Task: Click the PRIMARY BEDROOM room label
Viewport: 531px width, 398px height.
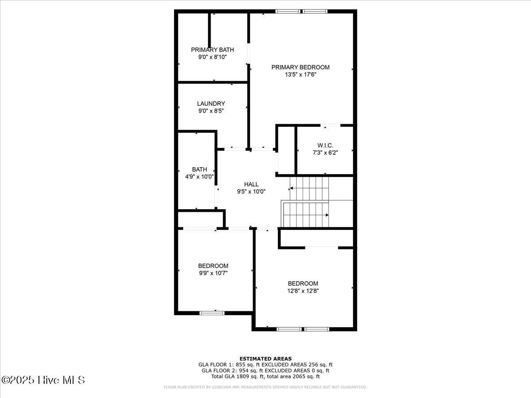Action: tap(300, 67)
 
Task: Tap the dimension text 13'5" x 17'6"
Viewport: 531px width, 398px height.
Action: tap(300, 75)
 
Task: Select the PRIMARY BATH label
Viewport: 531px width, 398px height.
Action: tap(212, 50)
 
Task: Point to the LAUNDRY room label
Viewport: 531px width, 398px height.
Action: tap(211, 103)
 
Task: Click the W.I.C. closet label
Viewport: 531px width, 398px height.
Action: tap(325, 145)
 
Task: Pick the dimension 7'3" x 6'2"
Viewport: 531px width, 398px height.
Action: tap(325, 153)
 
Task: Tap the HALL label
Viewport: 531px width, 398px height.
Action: tap(251, 184)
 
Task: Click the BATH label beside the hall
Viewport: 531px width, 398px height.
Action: tap(199, 169)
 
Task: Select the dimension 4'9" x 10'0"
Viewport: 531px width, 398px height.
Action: tap(199, 176)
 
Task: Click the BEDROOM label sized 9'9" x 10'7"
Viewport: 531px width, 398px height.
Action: tap(213, 265)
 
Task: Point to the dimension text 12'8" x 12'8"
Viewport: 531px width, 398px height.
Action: tap(303, 291)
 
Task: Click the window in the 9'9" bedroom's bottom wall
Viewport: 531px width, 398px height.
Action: tap(212, 313)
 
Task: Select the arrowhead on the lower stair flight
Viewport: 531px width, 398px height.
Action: tap(327, 215)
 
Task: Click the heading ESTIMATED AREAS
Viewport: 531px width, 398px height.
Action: tap(265, 359)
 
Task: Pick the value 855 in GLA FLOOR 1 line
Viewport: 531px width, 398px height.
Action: tap(242, 365)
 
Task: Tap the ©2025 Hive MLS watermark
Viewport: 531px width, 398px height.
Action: tap(43, 380)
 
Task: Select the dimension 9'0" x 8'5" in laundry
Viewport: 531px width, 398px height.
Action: tap(211, 111)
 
